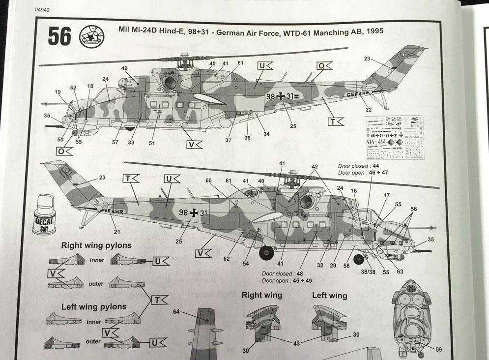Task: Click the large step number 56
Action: coord(59,36)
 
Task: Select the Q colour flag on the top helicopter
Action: coord(320,65)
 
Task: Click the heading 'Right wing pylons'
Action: coord(96,245)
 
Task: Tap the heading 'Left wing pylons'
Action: coord(94,306)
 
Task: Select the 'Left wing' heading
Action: coord(329,296)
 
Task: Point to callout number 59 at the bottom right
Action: coord(438,350)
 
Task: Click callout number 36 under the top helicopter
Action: coord(247,138)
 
